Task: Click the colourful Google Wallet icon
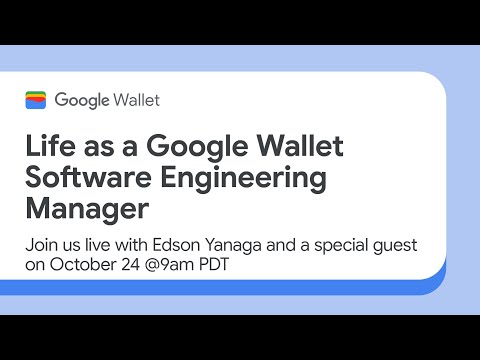36,99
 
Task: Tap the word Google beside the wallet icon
81,100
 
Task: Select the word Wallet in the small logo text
135,100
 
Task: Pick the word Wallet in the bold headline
295,145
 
